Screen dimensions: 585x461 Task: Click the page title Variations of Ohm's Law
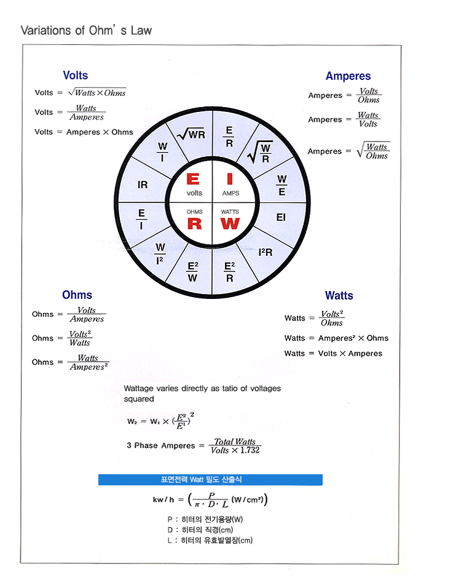(x=86, y=30)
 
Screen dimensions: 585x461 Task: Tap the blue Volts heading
(x=76, y=76)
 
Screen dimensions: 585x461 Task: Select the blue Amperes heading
(x=348, y=76)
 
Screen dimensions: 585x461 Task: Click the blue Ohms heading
(x=77, y=295)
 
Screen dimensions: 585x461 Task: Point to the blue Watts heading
(x=339, y=296)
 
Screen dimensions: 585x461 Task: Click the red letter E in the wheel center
(x=193, y=180)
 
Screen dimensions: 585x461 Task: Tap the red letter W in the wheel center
(x=230, y=224)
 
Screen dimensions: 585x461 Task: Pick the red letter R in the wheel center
(x=194, y=224)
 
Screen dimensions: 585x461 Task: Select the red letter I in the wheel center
(x=230, y=180)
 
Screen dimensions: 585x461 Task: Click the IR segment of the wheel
(x=143, y=185)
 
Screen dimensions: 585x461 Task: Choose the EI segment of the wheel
(x=281, y=217)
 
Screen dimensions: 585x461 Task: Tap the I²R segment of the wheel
(x=266, y=252)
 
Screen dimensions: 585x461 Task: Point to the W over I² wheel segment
(x=160, y=253)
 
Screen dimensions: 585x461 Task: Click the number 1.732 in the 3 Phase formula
(x=250, y=450)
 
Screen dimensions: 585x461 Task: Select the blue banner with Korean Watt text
(x=210, y=480)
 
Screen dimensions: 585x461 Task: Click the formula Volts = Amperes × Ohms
(x=84, y=132)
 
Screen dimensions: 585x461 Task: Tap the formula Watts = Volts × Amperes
(x=333, y=354)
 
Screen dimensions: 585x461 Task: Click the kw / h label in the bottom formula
(x=166, y=499)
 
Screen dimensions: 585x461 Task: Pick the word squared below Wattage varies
(x=139, y=399)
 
